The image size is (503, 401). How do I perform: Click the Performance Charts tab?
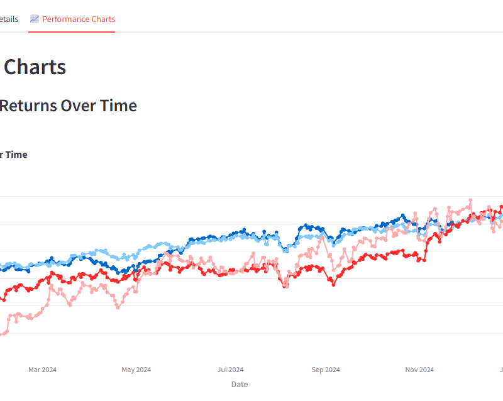78,19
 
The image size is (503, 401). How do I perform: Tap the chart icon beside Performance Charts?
35,19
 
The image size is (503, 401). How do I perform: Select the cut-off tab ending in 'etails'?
9,19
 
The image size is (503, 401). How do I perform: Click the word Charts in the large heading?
35,67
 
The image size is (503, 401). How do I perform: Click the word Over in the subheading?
78,106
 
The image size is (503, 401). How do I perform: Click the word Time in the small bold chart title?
17,155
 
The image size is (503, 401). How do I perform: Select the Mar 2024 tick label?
43,370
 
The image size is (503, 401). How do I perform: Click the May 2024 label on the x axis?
136,370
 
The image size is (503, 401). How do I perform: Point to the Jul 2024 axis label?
230,370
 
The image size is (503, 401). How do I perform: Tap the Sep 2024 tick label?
326,370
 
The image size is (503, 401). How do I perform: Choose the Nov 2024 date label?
419,370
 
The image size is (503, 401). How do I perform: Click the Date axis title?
240,384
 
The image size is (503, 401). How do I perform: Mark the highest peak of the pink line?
470,200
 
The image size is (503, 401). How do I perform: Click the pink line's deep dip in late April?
118,307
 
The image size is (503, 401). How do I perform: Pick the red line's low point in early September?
333,285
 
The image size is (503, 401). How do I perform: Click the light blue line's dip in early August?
286,250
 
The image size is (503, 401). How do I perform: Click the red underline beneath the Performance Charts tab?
72,31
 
